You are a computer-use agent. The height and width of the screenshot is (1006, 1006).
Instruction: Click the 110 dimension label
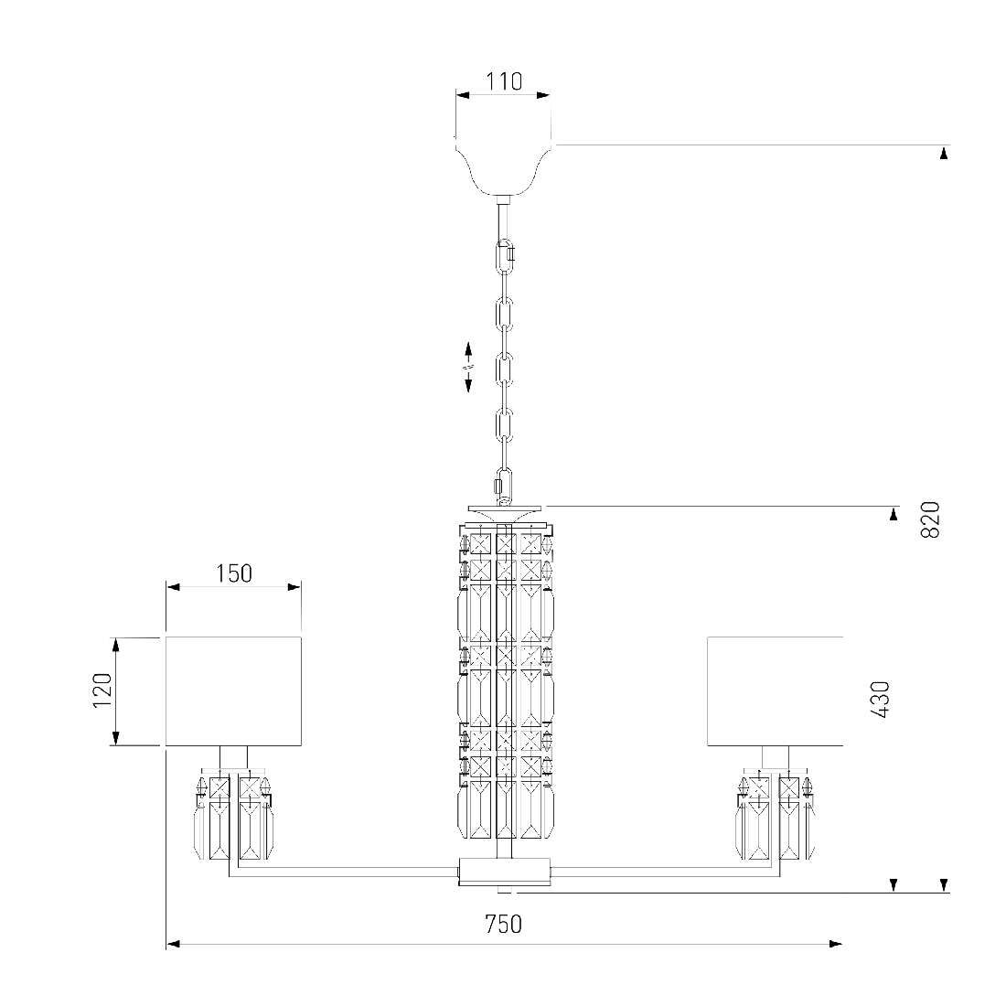[x=504, y=81]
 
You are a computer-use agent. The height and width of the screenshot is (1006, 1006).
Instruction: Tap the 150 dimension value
[x=233, y=573]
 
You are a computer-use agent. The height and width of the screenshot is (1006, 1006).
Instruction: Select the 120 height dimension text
[x=102, y=690]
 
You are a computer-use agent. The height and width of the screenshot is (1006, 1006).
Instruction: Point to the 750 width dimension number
[x=504, y=924]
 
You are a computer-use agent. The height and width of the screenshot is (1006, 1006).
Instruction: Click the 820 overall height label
[x=930, y=519]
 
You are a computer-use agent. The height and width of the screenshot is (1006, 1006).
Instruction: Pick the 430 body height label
[x=880, y=700]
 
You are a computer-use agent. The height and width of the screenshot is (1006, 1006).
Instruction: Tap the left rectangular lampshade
[x=233, y=691]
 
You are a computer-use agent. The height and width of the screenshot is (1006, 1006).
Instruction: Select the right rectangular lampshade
[x=775, y=691]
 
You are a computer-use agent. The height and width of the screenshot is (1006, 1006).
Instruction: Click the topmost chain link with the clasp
[x=507, y=255]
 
